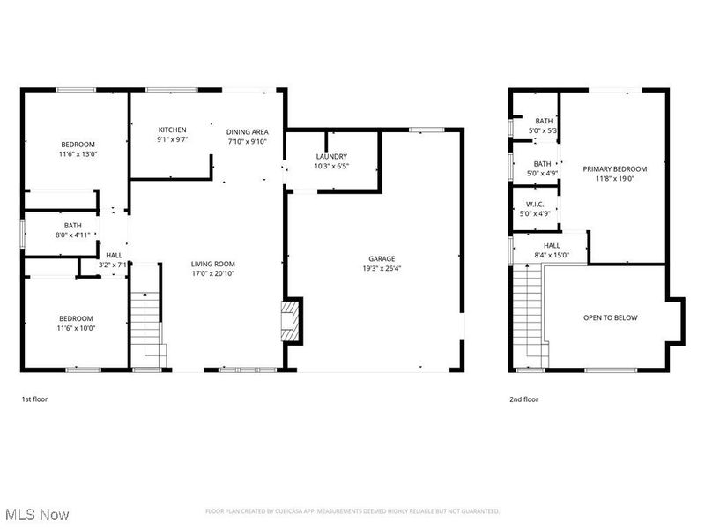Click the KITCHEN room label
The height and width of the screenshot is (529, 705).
[x=172, y=130]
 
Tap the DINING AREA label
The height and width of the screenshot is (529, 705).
[x=247, y=131]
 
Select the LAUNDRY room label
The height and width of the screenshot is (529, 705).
[x=331, y=156]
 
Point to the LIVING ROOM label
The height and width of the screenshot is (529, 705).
[x=213, y=264]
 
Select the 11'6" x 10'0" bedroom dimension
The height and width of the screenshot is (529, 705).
[x=78, y=328]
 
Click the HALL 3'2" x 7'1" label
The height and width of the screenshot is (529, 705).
[x=115, y=260]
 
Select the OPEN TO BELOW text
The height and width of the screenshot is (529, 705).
[x=610, y=317]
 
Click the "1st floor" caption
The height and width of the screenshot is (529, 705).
[x=35, y=399]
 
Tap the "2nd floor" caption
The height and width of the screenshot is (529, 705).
[x=523, y=399]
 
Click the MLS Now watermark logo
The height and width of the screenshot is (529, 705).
[x=37, y=513]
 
